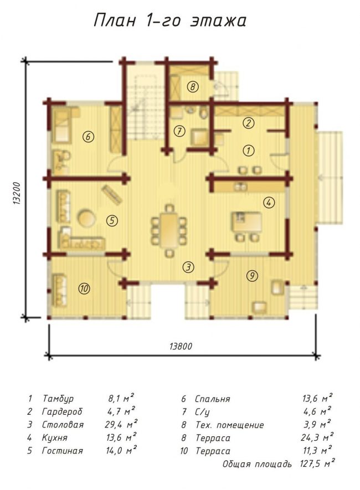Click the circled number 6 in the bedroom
pyautogui.click(x=89, y=137)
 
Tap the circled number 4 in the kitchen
pyautogui.click(x=269, y=203)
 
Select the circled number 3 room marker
pyautogui.click(x=188, y=267)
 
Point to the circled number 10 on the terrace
pyautogui.click(x=84, y=288)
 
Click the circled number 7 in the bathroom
pyautogui.click(x=179, y=131)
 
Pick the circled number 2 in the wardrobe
pyautogui.click(x=249, y=123)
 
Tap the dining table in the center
pyautogui.click(x=169, y=230)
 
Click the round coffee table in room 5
pyautogui.click(x=86, y=218)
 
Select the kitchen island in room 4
pyautogui.click(x=246, y=221)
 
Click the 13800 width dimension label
pyautogui.click(x=181, y=346)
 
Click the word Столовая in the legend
pyautogui.click(x=63, y=425)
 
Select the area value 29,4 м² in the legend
pyautogui.click(x=121, y=424)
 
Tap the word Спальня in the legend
pyautogui.click(x=213, y=399)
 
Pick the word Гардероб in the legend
pyautogui.click(x=62, y=412)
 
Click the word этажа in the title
pyautogui.click(x=218, y=21)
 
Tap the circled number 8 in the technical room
pyautogui.click(x=193, y=86)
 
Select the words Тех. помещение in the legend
pyautogui.click(x=230, y=425)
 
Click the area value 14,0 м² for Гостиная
pyautogui.click(x=121, y=450)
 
